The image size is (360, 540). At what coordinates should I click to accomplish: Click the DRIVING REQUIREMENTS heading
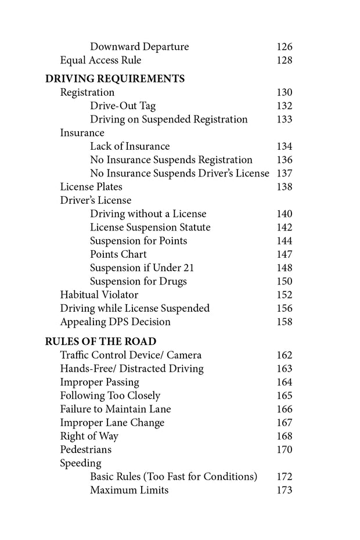point(115,79)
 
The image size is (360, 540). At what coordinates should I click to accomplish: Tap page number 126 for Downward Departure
point(285,47)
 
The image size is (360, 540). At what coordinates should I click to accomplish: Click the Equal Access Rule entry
point(100,60)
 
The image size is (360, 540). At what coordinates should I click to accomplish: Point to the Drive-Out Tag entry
point(123,106)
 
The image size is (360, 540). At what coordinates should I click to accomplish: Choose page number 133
point(285,120)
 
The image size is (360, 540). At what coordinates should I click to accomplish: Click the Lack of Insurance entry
point(129,146)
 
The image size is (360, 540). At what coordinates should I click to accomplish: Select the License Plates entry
point(91,187)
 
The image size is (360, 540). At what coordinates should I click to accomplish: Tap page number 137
point(285,174)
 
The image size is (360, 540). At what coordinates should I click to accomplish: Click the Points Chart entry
point(118,254)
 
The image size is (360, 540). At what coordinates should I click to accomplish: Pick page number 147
point(285,254)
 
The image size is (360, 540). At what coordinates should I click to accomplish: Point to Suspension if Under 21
point(142,268)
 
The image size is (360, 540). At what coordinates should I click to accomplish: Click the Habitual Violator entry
point(99,295)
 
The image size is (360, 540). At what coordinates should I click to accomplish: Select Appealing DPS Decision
point(116,322)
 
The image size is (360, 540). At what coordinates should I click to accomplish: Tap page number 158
point(285,322)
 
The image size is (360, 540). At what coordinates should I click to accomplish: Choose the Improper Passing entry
point(99,382)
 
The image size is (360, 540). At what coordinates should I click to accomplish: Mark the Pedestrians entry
point(86,449)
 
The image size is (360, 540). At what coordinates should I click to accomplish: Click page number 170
point(285,449)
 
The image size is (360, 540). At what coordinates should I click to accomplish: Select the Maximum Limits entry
point(129,490)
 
